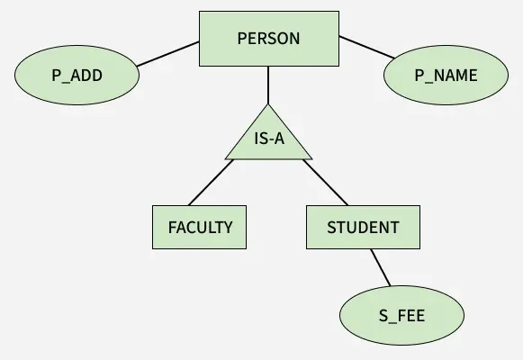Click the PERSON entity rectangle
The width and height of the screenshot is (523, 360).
(269, 39)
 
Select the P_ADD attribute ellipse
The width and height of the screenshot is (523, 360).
(77, 76)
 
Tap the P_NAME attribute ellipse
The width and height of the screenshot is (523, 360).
(446, 76)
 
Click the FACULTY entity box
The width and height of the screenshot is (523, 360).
(200, 227)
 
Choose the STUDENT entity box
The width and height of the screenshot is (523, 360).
(363, 227)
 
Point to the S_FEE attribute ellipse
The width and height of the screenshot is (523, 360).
(401, 315)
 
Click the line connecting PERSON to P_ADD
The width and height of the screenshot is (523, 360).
(168, 54)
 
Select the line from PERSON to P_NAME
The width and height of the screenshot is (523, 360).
(367, 48)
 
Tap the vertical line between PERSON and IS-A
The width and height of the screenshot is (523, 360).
(268, 85)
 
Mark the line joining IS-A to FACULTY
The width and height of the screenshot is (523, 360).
(211, 183)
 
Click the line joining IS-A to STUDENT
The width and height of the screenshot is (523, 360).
(325, 183)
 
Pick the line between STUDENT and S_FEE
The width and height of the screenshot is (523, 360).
(380, 267)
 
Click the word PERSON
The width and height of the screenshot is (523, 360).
(268, 39)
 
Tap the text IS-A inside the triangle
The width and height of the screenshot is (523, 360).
(269, 139)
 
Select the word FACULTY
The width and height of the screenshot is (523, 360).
(200, 228)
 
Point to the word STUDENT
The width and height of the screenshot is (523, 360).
(363, 228)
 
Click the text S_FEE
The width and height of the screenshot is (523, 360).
(401, 316)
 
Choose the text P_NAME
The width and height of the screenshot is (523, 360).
(446, 76)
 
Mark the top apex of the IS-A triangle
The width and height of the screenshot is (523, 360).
(268, 104)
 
